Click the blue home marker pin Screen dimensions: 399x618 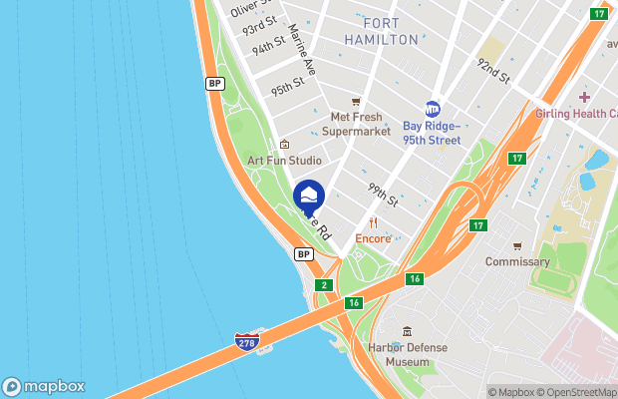[310, 196]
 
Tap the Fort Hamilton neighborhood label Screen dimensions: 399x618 [381, 31]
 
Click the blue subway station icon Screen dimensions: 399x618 [433, 109]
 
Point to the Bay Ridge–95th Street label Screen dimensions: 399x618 [432, 133]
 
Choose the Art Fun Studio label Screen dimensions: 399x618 [284, 160]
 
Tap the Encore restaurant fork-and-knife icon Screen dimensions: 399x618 [373, 222]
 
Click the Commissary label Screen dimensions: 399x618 [517, 261]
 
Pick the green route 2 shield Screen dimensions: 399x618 [324, 285]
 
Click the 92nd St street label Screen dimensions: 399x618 [492, 71]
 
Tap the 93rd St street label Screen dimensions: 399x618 [260, 26]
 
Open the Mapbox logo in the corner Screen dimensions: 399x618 [43, 387]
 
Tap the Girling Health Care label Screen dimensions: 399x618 [576, 114]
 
